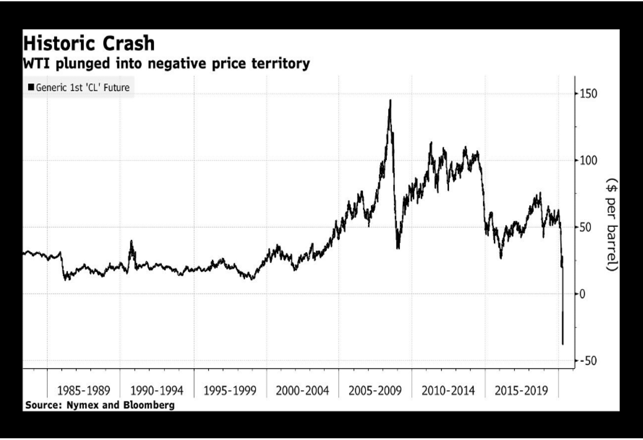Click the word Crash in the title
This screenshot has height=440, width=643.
pyautogui.click(x=129, y=43)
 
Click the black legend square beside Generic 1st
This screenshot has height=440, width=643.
pyautogui.click(x=31, y=87)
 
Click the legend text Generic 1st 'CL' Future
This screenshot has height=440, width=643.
pyautogui.click(x=82, y=88)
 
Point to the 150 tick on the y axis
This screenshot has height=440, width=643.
pyautogui.click(x=588, y=94)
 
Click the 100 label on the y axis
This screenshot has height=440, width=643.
pyautogui.click(x=588, y=161)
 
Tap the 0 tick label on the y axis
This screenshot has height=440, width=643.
pyautogui.click(x=582, y=294)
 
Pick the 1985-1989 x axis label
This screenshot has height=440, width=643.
pyautogui.click(x=83, y=391)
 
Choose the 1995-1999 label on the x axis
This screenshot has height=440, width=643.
pyautogui.click(x=230, y=391)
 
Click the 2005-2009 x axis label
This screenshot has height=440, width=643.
pyautogui.click(x=375, y=391)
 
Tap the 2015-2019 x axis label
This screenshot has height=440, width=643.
pyautogui.click(x=521, y=391)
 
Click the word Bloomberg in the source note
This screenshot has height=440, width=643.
pyautogui.click(x=149, y=405)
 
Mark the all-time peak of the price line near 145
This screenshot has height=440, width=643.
pyautogui.click(x=390, y=100)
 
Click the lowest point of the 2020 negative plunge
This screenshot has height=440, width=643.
pyautogui.click(x=563, y=344)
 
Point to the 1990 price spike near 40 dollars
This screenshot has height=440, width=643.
pyautogui.click(x=131, y=241)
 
